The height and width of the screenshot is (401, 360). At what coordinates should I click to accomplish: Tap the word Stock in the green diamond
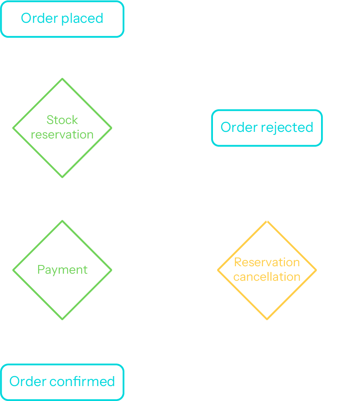tap(62, 120)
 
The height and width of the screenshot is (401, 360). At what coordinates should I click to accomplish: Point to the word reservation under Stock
tap(62, 135)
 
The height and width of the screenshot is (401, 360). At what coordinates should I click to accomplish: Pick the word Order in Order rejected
tap(239, 127)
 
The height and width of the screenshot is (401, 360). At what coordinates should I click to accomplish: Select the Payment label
tap(62, 270)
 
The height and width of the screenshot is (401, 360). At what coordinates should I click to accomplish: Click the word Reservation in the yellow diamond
tap(267, 262)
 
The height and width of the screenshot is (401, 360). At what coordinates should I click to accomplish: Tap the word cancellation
tap(267, 277)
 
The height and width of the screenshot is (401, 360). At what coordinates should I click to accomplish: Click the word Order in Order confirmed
tap(28, 382)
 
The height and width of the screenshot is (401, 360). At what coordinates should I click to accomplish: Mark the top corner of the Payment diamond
tap(62, 221)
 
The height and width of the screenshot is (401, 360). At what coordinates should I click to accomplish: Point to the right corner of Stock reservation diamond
tap(111, 128)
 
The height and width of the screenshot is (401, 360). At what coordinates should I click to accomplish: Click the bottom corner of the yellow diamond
tap(267, 319)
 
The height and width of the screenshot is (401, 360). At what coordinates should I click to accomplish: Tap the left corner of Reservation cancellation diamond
tap(218, 270)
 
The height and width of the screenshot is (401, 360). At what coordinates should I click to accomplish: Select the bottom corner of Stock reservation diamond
tap(62, 177)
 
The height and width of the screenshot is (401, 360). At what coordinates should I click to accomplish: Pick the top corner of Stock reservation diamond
tap(62, 79)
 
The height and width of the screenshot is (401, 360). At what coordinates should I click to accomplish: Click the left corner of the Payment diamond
tap(13, 270)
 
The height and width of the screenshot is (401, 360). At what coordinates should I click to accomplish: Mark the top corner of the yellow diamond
tap(267, 221)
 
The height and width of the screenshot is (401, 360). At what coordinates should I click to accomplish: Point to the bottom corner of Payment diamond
tap(62, 319)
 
